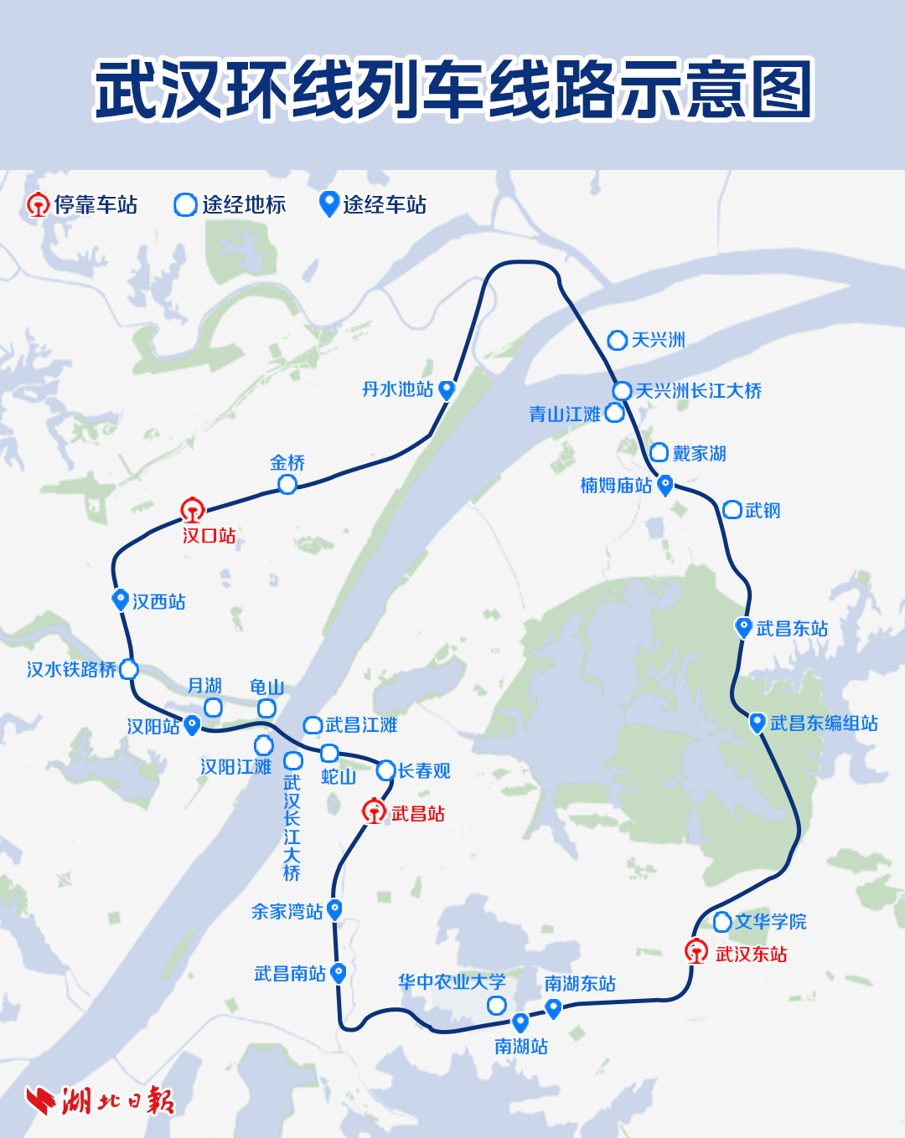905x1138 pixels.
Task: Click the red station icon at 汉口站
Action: click(x=193, y=509)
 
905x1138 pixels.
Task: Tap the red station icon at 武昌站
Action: click(x=374, y=811)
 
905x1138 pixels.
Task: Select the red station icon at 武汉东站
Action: click(x=696, y=951)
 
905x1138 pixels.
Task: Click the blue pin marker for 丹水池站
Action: click(x=447, y=389)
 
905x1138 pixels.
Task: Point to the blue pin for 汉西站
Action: click(x=121, y=600)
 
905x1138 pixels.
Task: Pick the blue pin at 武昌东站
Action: click(x=743, y=627)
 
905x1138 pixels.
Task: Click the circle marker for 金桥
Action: click(x=287, y=485)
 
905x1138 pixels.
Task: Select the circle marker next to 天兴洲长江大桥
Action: click(x=622, y=391)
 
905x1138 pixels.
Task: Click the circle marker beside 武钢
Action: click(x=732, y=510)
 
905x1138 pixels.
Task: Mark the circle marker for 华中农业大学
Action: click(x=497, y=1005)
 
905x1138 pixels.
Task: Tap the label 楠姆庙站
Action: click(x=616, y=486)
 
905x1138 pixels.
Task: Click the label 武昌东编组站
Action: click(x=824, y=723)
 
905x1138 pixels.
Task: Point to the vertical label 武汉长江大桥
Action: click(x=292, y=827)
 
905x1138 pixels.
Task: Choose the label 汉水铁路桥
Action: click(x=71, y=670)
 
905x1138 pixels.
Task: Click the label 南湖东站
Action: click(x=580, y=984)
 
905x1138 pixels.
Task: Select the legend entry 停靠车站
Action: click(x=82, y=205)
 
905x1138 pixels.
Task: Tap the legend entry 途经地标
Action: click(x=230, y=205)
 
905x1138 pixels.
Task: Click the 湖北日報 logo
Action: click(x=101, y=1100)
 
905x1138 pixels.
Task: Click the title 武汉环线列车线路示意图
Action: click(x=452, y=89)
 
